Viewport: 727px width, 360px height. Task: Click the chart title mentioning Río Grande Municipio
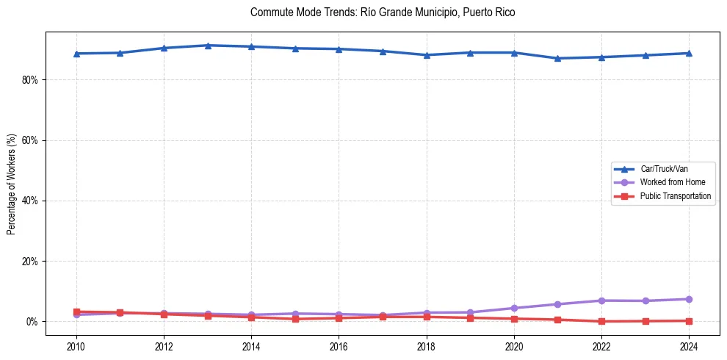(x=383, y=12)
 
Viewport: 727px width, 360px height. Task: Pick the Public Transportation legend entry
(x=675, y=196)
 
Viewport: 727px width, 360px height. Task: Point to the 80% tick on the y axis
(x=30, y=79)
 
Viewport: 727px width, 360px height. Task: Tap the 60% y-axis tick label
(x=30, y=140)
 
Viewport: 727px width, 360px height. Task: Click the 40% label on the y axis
(x=30, y=201)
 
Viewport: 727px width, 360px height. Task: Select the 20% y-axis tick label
(x=30, y=262)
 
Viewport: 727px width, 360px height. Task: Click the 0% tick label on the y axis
(x=32, y=322)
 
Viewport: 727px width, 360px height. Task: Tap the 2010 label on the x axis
(x=76, y=346)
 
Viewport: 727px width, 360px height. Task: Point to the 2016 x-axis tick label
(x=339, y=346)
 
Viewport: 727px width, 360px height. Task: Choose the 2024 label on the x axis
(x=689, y=346)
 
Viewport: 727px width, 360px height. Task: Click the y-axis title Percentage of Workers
(x=12, y=183)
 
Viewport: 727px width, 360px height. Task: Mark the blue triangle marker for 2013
(x=208, y=46)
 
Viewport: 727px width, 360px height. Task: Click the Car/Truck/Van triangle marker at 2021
(x=557, y=58)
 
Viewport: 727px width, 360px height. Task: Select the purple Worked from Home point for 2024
(x=689, y=299)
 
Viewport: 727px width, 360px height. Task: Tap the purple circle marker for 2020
(x=514, y=308)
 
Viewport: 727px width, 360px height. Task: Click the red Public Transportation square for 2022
(x=601, y=321)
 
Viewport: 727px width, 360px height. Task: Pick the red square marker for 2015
(x=295, y=319)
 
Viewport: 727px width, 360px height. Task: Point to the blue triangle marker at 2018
(x=427, y=54)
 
